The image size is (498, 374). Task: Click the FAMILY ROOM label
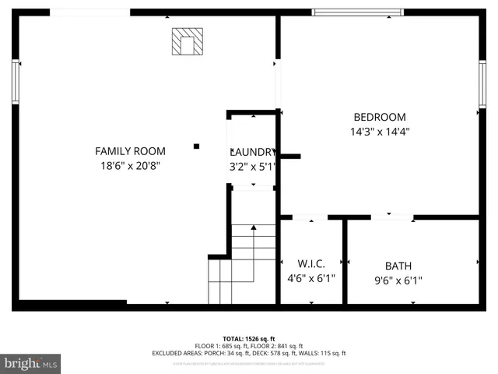click(130, 150)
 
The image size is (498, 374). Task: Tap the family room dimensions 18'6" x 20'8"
click(130, 165)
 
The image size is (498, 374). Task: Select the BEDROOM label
click(380, 117)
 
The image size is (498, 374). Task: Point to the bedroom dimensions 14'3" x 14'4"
click(380, 132)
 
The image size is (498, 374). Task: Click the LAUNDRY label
click(252, 152)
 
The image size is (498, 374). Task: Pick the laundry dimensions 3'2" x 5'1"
click(252, 166)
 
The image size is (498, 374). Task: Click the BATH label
click(398, 265)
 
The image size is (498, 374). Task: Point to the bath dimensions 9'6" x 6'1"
click(398, 280)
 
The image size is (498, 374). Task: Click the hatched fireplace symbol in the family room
click(187, 42)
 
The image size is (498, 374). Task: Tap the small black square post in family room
click(196, 146)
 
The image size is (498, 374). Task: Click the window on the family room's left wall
click(15, 82)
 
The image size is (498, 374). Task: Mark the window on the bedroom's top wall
click(357, 12)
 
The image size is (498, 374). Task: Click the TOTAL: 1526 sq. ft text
click(249, 339)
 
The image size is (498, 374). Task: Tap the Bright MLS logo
click(31, 363)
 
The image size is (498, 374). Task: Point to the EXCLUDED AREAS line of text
click(249, 353)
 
